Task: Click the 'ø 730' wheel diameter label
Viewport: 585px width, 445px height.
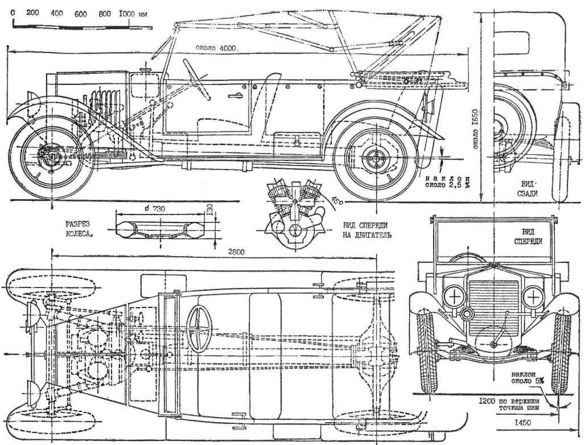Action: [155, 209]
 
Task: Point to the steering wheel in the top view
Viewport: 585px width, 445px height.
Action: [199, 328]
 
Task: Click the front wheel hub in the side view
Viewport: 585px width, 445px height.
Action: [51, 155]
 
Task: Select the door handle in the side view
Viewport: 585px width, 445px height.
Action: [235, 96]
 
